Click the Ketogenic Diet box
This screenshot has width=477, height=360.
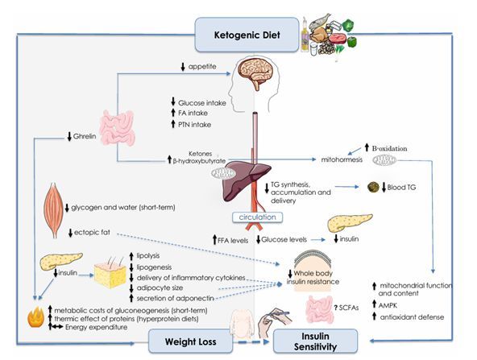tap(247, 35)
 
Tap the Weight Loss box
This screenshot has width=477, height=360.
tap(190, 341)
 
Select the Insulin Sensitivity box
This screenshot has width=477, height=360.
tap(316, 341)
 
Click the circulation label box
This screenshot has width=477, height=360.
tap(257, 217)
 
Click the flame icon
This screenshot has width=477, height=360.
tap(36, 317)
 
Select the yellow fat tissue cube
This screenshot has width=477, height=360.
tap(110, 275)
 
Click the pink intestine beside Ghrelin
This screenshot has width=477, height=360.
tap(118, 128)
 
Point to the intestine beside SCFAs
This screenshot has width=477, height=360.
tap(319, 309)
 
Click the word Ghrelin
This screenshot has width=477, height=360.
tap(85, 136)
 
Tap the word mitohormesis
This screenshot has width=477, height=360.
tap(342, 159)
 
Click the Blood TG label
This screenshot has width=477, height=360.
tap(401, 188)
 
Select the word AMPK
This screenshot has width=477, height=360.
tap(388, 305)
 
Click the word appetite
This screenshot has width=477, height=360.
tap(202, 67)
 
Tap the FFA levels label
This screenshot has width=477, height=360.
tap(233, 241)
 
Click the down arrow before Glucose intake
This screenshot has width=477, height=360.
tap(173, 101)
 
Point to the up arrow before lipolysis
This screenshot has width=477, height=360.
tap(131, 256)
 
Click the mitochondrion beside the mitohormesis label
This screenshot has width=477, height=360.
tap(384, 160)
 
